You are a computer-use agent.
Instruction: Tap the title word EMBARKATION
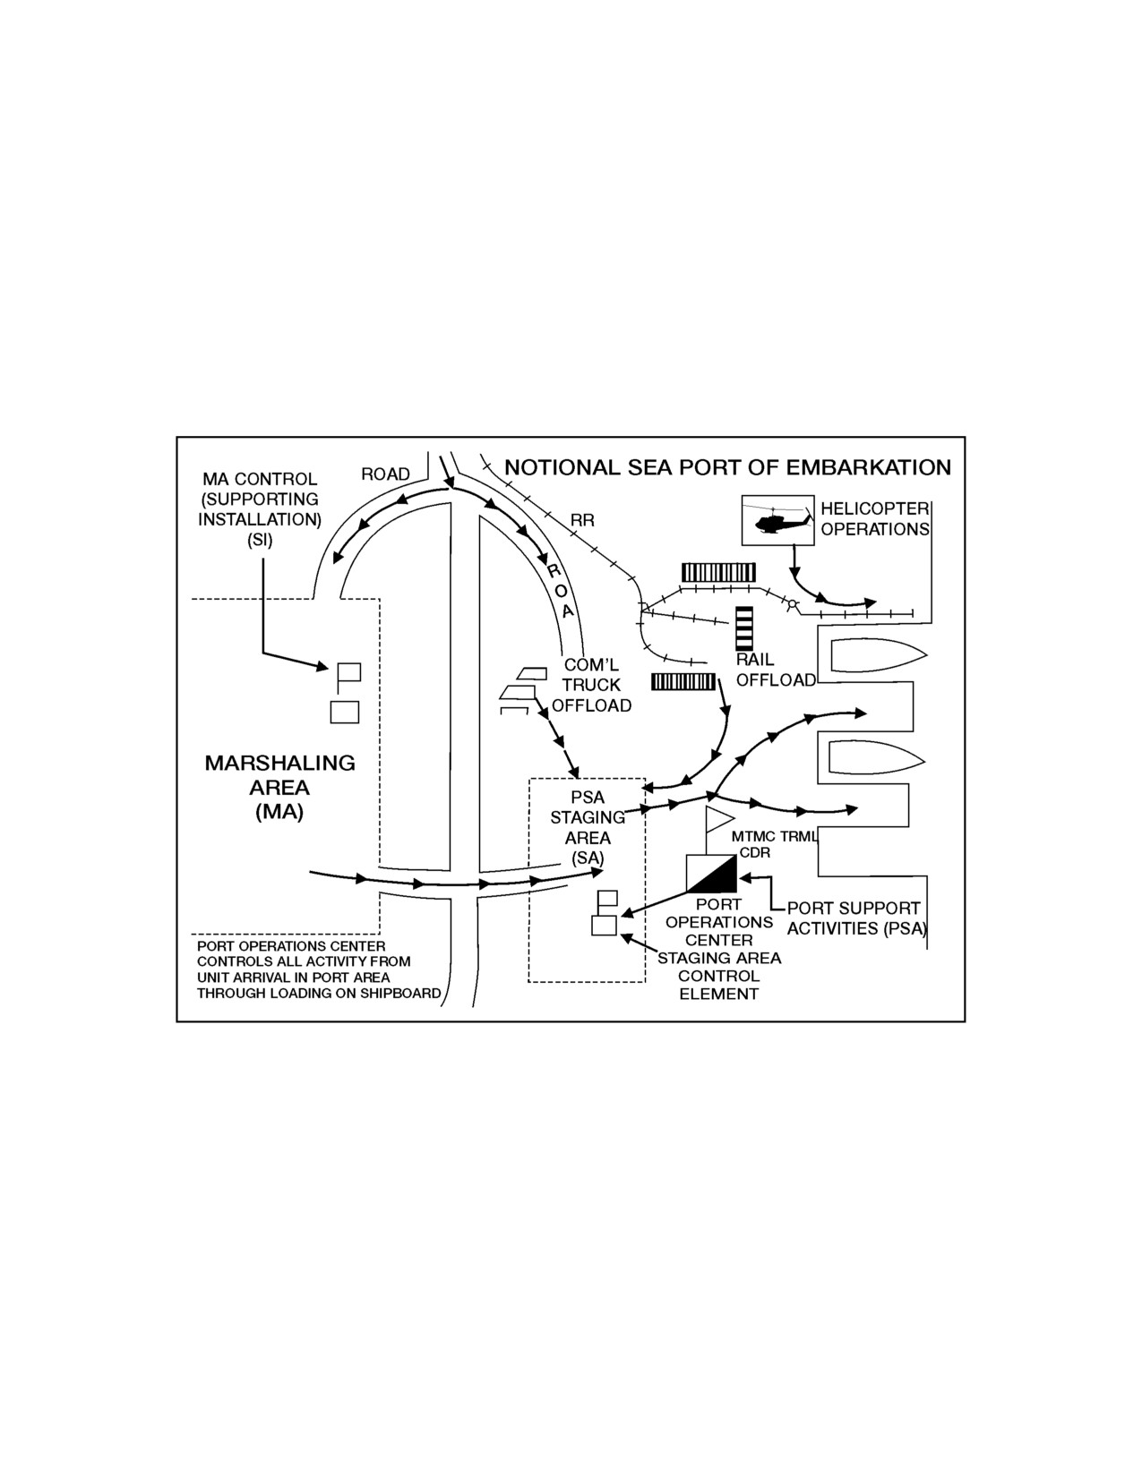(869, 467)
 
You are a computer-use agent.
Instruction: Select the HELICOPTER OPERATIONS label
(875, 518)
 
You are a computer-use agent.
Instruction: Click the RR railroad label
(582, 520)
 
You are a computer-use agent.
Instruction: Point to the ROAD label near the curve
(386, 474)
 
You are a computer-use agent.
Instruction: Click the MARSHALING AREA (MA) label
(279, 787)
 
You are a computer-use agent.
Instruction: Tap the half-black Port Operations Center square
(711, 874)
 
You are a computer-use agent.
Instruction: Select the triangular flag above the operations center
(719, 819)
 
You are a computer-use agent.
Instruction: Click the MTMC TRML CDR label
(773, 845)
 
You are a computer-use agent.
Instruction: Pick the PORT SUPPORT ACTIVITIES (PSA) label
(857, 918)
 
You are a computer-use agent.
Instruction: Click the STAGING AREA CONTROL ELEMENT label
(719, 976)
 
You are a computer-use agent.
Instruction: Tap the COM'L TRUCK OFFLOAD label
(591, 685)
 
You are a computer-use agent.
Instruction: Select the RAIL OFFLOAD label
(776, 670)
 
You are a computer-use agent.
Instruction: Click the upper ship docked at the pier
(879, 655)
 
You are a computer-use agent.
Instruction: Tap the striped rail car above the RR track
(719, 572)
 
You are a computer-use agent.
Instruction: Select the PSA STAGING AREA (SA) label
(588, 828)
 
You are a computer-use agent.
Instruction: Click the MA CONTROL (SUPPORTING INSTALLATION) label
(260, 509)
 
